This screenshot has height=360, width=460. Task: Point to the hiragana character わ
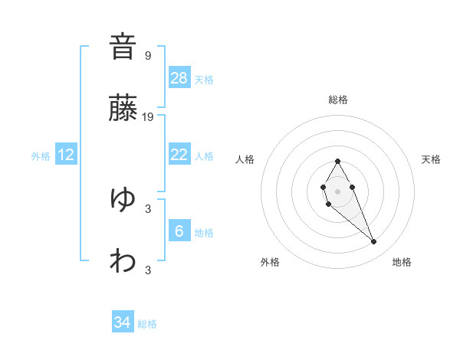pyautogui.click(x=123, y=261)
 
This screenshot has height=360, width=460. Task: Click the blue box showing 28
pyautogui.click(x=179, y=78)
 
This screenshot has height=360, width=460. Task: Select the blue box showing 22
pyautogui.click(x=179, y=155)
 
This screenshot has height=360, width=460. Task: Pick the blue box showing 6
pyautogui.click(x=179, y=231)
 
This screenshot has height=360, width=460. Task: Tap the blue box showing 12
pyautogui.click(x=66, y=155)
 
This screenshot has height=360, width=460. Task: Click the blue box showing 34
pyautogui.click(x=123, y=322)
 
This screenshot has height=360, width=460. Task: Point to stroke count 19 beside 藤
pyautogui.click(x=148, y=117)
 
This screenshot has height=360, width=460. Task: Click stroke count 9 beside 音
pyautogui.click(x=148, y=55)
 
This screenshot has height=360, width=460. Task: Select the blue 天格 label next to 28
pyautogui.click(x=204, y=80)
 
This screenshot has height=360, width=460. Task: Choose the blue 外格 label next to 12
pyautogui.click(x=41, y=156)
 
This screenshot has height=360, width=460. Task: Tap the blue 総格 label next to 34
pyautogui.click(x=147, y=324)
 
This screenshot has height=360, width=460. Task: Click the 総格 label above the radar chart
pyautogui.click(x=338, y=100)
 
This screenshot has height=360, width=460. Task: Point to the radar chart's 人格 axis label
pyautogui.click(x=245, y=159)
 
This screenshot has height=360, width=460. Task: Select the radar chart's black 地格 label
pyautogui.click(x=402, y=262)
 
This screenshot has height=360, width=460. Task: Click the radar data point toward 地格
pyautogui.click(x=374, y=242)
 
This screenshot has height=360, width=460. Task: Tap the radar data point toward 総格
pyautogui.click(x=337, y=161)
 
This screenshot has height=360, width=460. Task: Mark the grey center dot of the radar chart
pyautogui.click(x=337, y=190)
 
